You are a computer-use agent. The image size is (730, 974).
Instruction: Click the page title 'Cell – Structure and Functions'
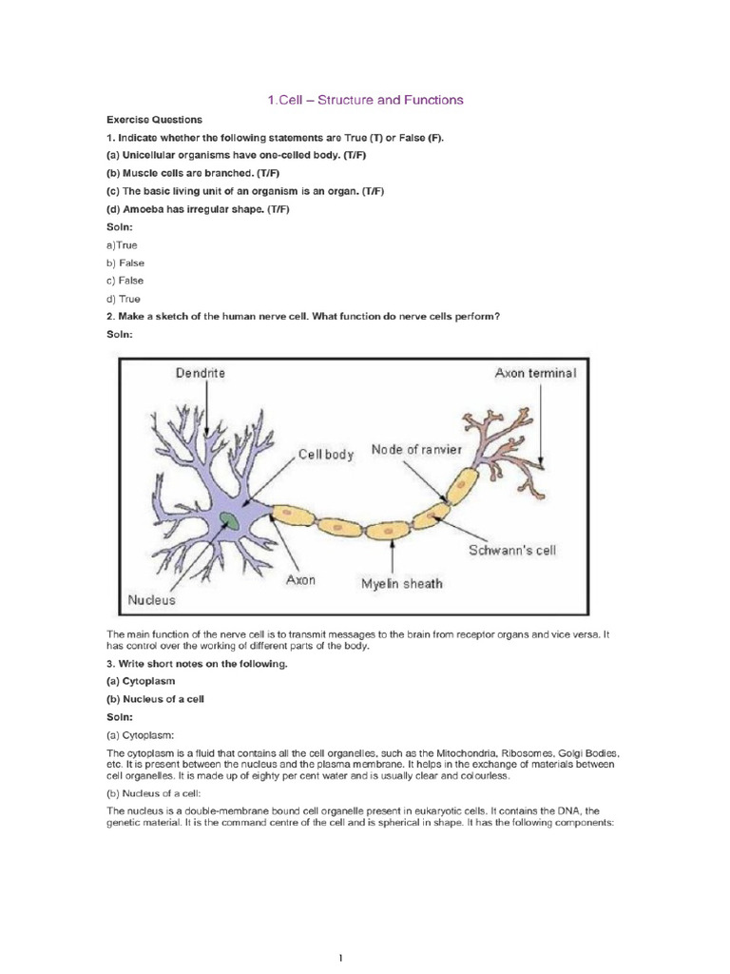[x=364, y=99]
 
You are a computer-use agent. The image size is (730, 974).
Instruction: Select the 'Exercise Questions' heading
[x=153, y=120]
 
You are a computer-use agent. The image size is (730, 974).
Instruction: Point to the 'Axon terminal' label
[x=534, y=373]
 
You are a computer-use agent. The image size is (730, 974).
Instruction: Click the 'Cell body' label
[x=326, y=455]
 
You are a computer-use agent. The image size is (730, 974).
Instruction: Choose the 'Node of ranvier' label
[x=415, y=449]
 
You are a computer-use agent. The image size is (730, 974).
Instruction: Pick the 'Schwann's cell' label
[x=514, y=551]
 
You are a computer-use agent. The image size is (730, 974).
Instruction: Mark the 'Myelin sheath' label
[x=401, y=583]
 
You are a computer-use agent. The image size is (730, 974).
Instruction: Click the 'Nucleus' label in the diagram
[x=152, y=600]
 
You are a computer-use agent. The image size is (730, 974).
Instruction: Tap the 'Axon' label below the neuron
[x=301, y=577]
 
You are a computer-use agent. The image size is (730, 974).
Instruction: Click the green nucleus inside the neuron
[x=230, y=519]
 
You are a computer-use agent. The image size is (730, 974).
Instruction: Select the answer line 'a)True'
[x=122, y=245]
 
